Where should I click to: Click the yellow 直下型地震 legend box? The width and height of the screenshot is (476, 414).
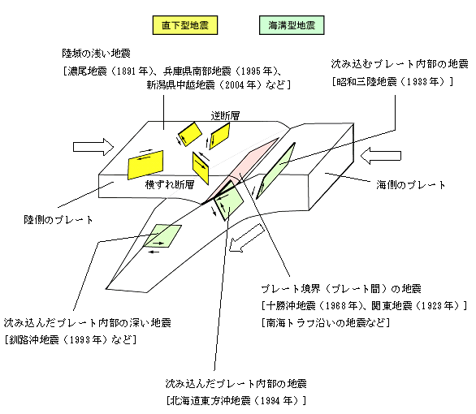pyautogui.click(x=185, y=25)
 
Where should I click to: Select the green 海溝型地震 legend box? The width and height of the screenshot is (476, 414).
pyautogui.click(x=292, y=25)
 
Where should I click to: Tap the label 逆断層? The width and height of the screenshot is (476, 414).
pyautogui.click(x=225, y=115)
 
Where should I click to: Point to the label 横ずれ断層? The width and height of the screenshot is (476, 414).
pyautogui.click(x=170, y=184)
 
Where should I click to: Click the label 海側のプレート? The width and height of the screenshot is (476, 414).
pyautogui.click(x=411, y=185)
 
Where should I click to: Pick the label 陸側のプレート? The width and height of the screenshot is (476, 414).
pyautogui.click(x=58, y=220)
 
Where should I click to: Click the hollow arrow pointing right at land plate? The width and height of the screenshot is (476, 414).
pyautogui.click(x=93, y=147)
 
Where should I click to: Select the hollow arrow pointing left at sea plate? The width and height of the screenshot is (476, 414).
pyautogui.click(x=381, y=156)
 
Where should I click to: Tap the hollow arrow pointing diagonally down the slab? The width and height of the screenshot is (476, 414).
pyautogui.click(x=246, y=238)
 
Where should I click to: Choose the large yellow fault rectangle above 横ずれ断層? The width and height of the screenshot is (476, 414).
pyautogui.click(x=145, y=165)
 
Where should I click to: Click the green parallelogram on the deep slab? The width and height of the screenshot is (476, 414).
pyautogui.click(x=162, y=236)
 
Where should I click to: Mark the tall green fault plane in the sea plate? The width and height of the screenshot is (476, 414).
pyautogui.click(x=275, y=170)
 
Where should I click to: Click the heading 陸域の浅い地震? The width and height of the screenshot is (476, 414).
pyautogui.click(x=96, y=54)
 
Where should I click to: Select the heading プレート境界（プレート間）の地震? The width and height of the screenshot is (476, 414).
pyautogui.click(x=341, y=288)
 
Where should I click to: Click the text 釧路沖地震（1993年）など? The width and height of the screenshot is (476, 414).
pyautogui.click(x=71, y=339)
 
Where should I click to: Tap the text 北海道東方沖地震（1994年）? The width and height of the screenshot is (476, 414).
pyautogui.click(x=236, y=401)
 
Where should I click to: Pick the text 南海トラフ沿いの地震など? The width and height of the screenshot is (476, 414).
pyautogui.click(x=325, y=322)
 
